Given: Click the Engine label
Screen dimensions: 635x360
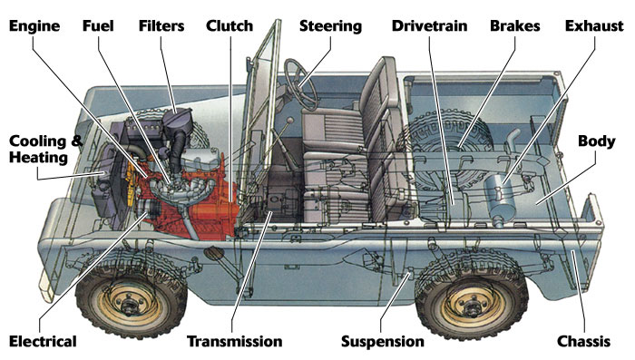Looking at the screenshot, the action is pos(34,26).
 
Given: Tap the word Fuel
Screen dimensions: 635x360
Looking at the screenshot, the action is pos(98,25).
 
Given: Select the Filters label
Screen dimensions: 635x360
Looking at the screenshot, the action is pos(161,25).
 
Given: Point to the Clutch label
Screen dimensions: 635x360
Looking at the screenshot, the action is pos(230,25).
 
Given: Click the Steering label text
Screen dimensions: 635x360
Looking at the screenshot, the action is pos(330,26).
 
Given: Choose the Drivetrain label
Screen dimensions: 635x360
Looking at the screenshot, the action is pos(429,25).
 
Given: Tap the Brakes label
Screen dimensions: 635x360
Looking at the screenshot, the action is pos(514,25).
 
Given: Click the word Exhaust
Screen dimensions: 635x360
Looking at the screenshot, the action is pos(594,25).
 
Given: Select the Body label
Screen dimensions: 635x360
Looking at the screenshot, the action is pos(597,141).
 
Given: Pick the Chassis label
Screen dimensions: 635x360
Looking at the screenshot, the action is pos(583,341).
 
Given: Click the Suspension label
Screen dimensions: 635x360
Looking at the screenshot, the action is pos(382,342).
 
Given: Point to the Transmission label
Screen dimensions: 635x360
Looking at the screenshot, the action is pos(234,341).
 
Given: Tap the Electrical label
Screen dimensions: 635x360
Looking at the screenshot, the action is pos(43,341).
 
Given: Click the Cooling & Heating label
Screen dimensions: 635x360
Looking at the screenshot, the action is pos(45,149).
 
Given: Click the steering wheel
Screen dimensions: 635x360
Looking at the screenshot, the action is pos(300,85).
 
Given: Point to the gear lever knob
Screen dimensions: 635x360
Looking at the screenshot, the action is pos(290,121).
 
